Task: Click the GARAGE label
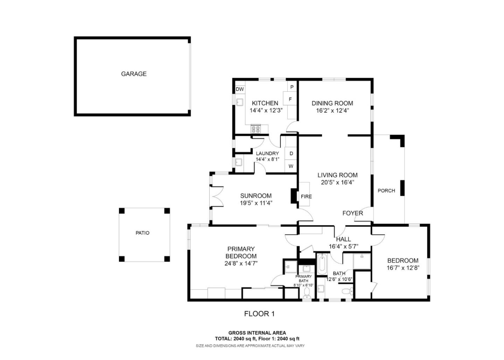coord(134,74)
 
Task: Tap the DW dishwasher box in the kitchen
coord(239,89)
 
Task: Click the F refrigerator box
coord(290,99)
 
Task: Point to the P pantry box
coord(292,87)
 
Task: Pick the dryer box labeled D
coord(291,154)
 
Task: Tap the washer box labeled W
coord(291,166)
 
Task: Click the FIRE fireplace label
coord(306,196)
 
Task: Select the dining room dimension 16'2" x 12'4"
coord(332,110)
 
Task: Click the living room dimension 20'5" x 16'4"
coord(337,182)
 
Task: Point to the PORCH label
coord(386,191)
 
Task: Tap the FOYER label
coord(352,213)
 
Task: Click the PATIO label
coord(142,233)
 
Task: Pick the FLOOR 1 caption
coord(259,314)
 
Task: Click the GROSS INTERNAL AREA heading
coord(257,333)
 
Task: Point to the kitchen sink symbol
coord(240,102)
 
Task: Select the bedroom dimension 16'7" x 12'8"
coord(402,268)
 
